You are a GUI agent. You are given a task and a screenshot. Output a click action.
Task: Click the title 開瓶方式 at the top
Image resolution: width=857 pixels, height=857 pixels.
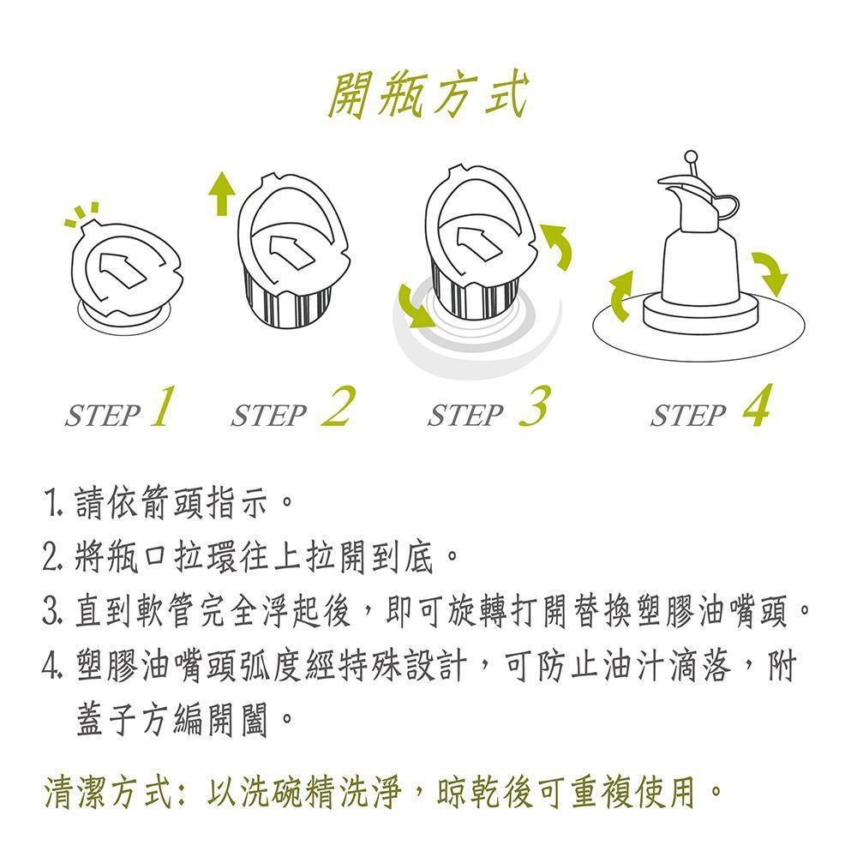(428, 96)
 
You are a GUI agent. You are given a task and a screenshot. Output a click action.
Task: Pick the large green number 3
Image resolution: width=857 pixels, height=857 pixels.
(534, 406)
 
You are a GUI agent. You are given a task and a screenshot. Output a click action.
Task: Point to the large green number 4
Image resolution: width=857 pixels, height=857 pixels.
(756, 407)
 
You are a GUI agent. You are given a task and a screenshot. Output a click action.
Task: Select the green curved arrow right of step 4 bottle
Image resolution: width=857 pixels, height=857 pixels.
(769, 273)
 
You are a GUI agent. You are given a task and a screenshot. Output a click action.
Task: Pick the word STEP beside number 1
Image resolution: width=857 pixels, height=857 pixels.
(102, 417)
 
